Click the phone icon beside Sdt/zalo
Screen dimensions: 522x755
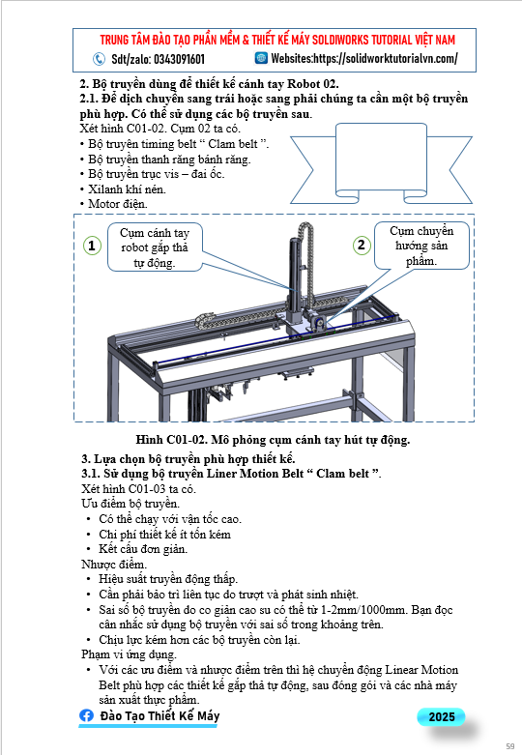pyautogui.click(x=99, y=59)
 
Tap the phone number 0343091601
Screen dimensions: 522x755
pyautogui.click(x=179, y=59)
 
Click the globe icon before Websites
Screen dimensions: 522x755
pyautogui.click(x=261, y=58)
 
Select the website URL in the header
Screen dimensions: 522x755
pyautogui.click(x=386, y=58)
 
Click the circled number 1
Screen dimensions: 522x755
pyautogui.click(x=92, y=246)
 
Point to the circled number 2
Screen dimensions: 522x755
pyautogui.click(x=362, y=246)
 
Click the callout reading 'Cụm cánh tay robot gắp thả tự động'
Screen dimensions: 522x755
pyautogui.click(x=155, y=247)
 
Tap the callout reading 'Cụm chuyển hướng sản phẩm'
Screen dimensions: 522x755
pyautogui.click(x=421, y=246)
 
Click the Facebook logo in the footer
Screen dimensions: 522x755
pyautogui.click(x=87, y=715)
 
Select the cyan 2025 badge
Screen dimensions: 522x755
pyautogui.click(x=441, y=716)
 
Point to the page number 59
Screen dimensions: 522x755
pyautogui.click(x=510, y=746)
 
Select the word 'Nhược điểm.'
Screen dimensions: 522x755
pyautogui.click(x=114, y=564)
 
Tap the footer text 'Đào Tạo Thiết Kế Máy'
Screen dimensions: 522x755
pyautogui.click(x=159, y=716)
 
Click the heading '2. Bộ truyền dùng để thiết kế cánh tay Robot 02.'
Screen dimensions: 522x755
pyautogui.click(x=209, y=84)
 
